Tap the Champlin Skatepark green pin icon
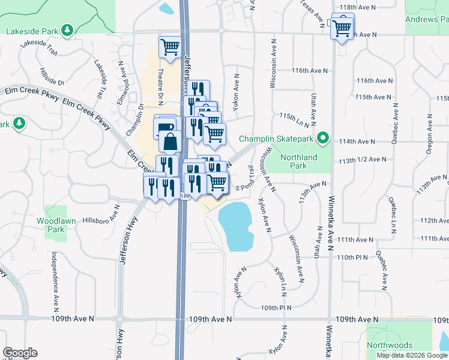(x=322, y=139)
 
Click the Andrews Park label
(x=430, y=19)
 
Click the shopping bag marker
(x=170, y=142)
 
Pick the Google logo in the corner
(x=20, y=353)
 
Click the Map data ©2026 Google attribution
(x=412, y=355)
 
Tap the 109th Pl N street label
(x=276, y=308)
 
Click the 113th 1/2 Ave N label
(x=361, y=160)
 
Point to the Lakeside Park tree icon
(x=68, y=29)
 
